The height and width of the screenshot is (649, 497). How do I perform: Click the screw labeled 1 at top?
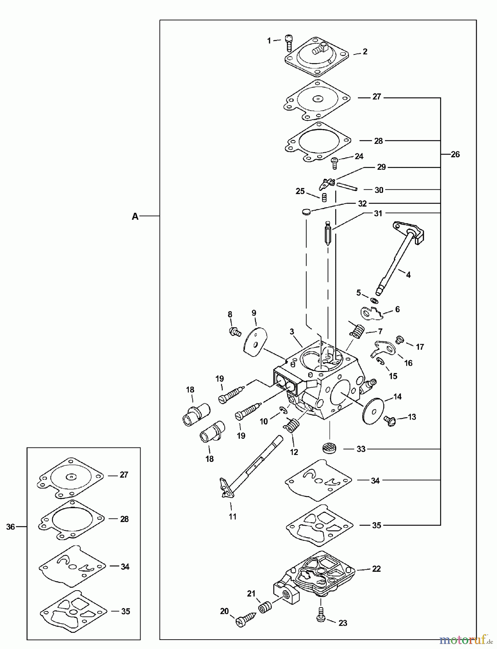point(288,43)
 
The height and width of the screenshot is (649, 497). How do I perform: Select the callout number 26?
point(455,154)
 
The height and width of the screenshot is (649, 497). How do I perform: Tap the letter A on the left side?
point(135,216)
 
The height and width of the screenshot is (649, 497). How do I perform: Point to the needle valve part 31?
point(328,235)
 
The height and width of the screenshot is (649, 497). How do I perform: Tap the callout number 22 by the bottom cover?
point(376,569)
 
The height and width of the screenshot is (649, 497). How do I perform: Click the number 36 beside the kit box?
point(10,527)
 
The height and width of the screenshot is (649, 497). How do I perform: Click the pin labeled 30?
point(347,186)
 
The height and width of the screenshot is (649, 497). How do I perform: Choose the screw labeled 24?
point(335,163)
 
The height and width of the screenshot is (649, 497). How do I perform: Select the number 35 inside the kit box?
point(125,611)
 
